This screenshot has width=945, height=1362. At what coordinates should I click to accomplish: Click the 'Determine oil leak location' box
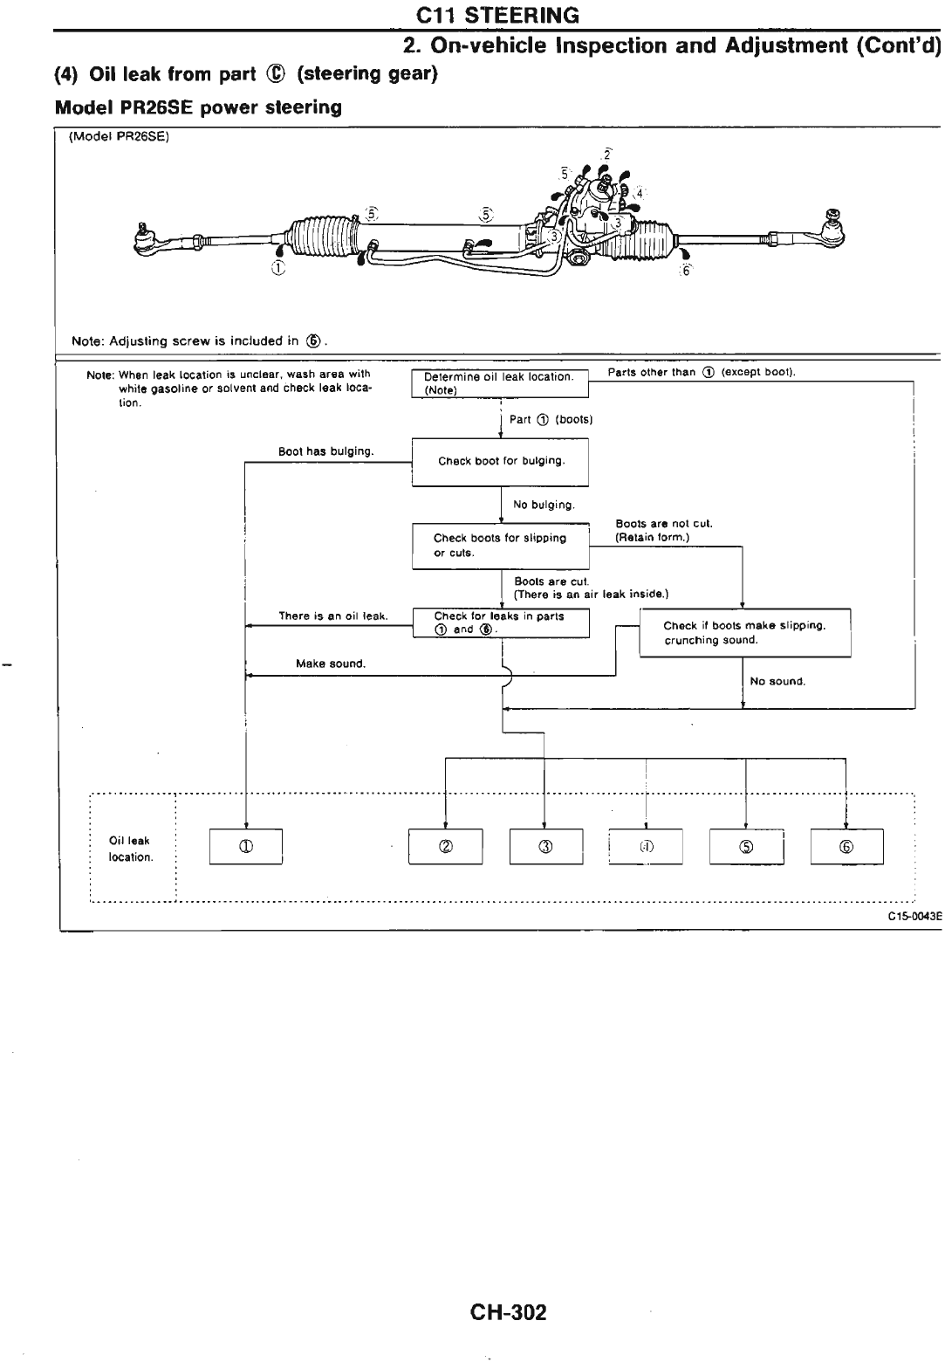pyautogui.click(x=500, y=383)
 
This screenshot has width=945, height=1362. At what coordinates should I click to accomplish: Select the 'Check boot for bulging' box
pyautogui.click(x=501, y=461)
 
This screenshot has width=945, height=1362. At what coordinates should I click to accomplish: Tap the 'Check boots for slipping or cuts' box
pyautogui.click(x=501, y=546)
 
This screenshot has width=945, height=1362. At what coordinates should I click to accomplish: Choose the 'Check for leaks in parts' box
pyautogui.click(x=501, y=623)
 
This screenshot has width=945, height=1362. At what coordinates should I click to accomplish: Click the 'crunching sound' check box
pyautogui.click(x=744, y=633)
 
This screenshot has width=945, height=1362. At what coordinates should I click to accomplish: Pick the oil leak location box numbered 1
pyautogui.click(x=246, y=846)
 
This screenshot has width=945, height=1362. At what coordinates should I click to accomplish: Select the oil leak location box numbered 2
pyautogui.click(x=446, y=846)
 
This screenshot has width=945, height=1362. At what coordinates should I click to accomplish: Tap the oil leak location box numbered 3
pyautogui.click(x=545, y=846)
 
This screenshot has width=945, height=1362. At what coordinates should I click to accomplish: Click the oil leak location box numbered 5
pyautogui.click(x=746, y=846)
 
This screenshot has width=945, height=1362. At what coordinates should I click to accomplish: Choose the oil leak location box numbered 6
pyautogui.click(x=847, y=846)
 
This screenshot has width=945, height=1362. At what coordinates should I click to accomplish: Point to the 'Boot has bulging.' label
pyautogui.click(x=325, y=451)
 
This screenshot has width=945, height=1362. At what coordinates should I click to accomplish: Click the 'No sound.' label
pyautogui.click(x=777, y=681)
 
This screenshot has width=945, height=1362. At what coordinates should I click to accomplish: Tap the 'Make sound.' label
pyautogui.click(x=331, y=664)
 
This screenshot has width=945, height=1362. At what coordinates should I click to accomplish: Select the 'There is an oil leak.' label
pyautogui.click(x=332, y=616)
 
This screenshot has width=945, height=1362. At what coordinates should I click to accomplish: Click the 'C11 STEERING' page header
pyautogui.click(x=497, y=15)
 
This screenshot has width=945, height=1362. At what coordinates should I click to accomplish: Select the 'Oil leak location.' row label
pyautogui.click(x=130, y=849)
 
